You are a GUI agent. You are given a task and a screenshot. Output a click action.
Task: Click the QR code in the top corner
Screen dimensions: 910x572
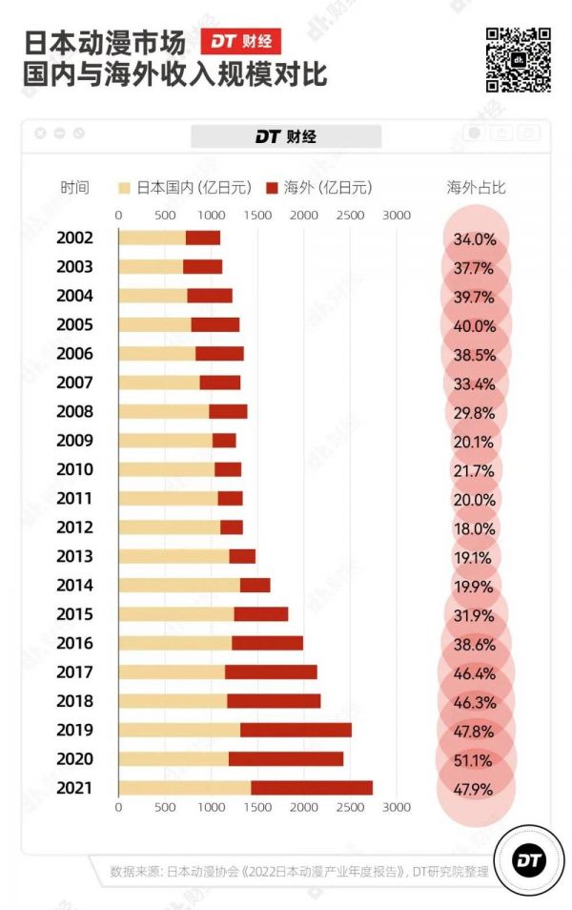[x=519, y=60]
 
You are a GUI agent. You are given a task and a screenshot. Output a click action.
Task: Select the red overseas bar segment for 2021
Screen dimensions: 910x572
[x=312, y=788]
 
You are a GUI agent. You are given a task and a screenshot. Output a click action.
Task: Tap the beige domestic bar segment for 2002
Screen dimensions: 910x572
[x=152, y=238]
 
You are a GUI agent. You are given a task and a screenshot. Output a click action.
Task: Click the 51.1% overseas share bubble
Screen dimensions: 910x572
[x=476, y=759]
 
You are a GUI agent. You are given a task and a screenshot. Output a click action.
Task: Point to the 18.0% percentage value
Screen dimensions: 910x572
[x=476, y=527]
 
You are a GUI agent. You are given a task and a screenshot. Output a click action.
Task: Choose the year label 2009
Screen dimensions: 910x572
[x=74, y=441]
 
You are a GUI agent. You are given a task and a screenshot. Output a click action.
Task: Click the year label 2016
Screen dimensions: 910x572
[x=74, y=644]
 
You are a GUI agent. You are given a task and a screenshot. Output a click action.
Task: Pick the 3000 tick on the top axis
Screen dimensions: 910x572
[x=396, y=215]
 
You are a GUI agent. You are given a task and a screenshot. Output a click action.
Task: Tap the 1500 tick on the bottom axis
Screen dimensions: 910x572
[x=257, y=807]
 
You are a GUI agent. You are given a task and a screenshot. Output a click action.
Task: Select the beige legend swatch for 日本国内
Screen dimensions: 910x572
[x=125, y=188]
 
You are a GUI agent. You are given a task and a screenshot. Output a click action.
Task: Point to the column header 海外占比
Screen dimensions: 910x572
[x=476, y=187]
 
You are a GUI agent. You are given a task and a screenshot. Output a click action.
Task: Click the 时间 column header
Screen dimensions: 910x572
[x=74, y=187]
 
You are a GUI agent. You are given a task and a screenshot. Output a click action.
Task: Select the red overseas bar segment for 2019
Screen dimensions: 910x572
[x=296, y=730]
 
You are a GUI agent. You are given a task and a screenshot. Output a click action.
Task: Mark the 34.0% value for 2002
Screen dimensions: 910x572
[x=476, y=238]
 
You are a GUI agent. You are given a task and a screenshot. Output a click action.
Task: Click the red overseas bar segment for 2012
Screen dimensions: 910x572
[x=232, y=527]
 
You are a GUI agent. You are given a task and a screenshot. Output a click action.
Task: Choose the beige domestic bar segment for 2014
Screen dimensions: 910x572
[x=179, y=586]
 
